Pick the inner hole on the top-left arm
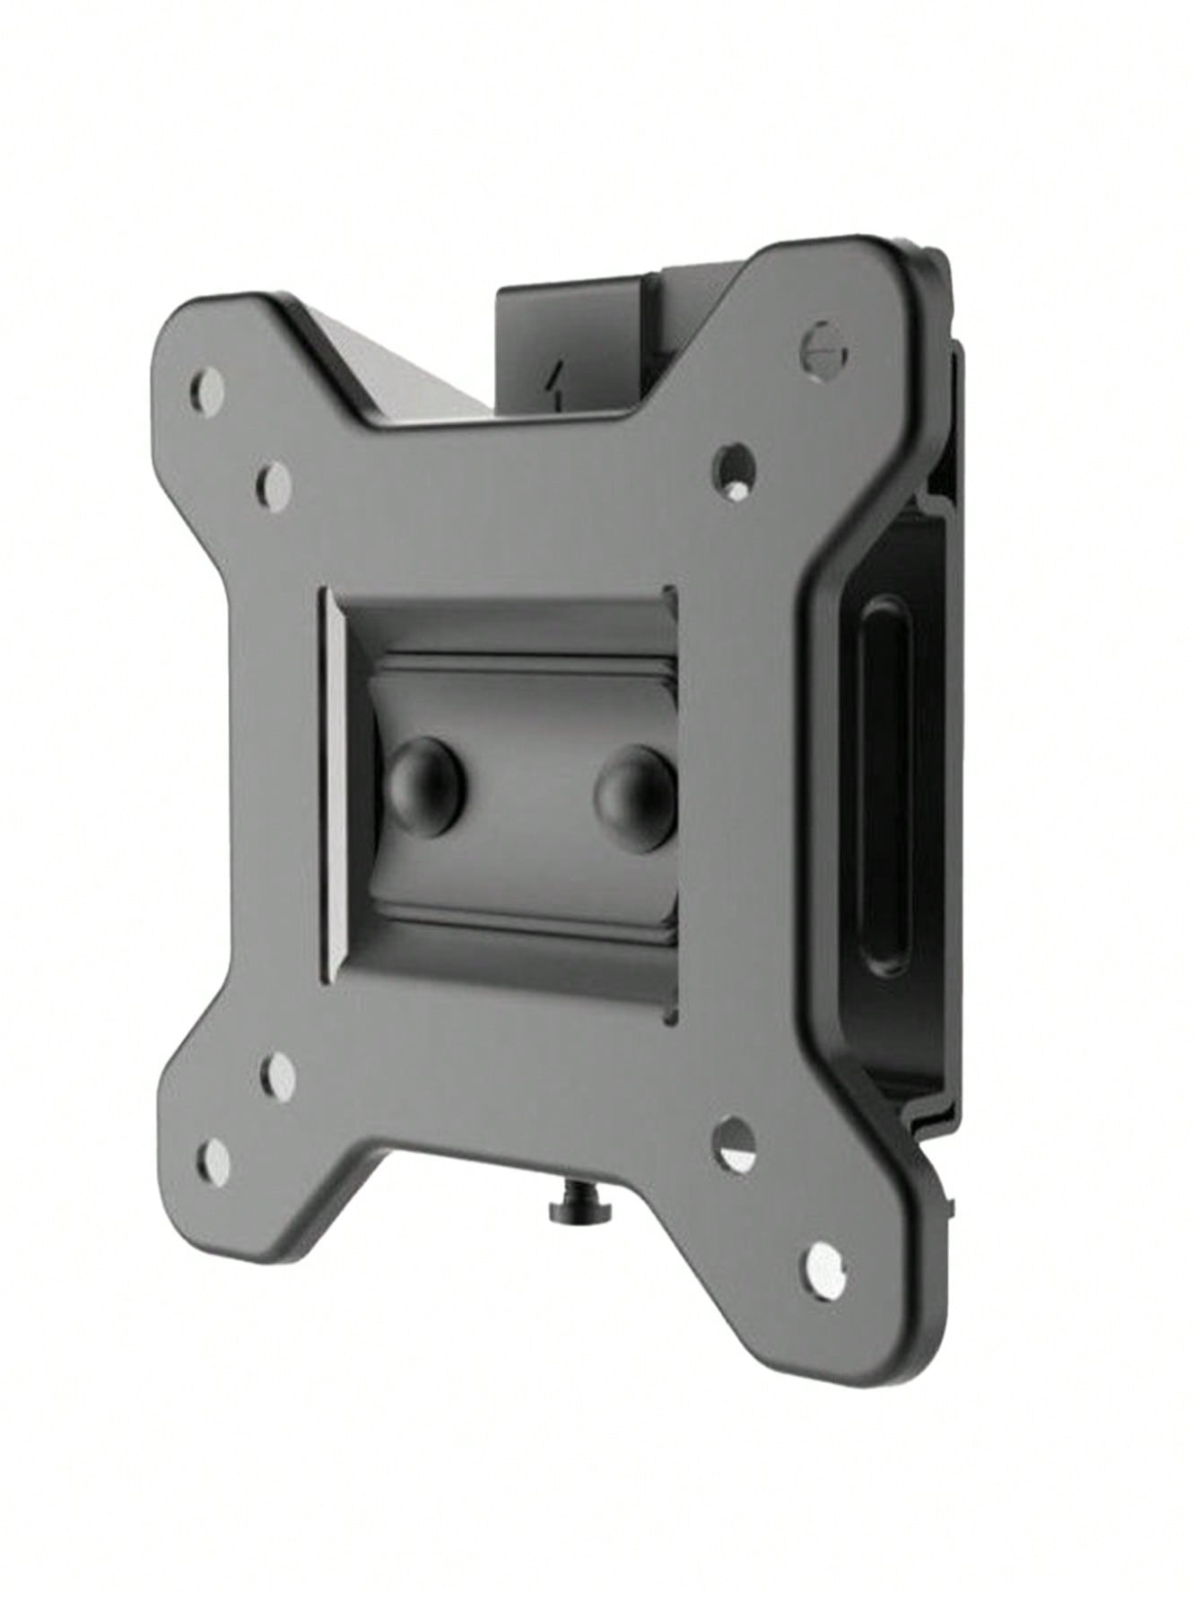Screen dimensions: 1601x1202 coord(273,481)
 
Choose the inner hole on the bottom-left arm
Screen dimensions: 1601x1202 coord(278,1074)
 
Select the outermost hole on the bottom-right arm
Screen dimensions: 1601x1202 coord(823,1266)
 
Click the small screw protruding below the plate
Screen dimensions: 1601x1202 coord(569,1211)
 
